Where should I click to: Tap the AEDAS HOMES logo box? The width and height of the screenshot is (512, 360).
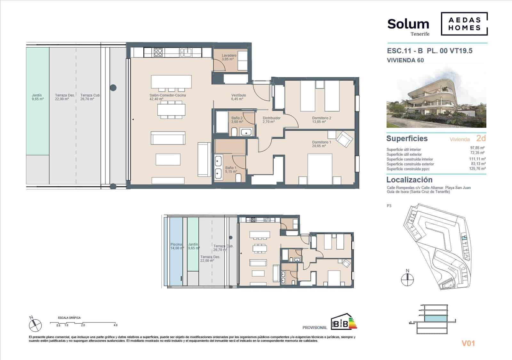coord(464,24)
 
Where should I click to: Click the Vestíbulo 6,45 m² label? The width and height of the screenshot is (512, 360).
coord(238,97)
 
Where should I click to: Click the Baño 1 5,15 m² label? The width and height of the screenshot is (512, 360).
coord(231,170)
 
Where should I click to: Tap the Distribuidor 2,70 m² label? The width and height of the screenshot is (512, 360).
coord(271,120)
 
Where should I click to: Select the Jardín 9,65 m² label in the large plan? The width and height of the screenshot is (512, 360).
coord(37,97)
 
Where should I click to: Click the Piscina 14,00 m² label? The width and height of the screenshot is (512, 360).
coord(177,246)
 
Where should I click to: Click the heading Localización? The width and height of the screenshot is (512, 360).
coord(409,180)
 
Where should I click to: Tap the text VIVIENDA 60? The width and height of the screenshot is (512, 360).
coord(405,60)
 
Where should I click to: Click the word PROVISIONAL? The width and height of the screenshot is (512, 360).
coord(315,328)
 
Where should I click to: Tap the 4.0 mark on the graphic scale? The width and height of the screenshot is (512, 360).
coord(115,325)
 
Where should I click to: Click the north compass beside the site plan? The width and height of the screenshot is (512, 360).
coord(407,279)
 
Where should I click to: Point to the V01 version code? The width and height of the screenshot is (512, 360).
coord(468,343)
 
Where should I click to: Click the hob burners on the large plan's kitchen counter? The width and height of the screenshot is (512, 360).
coord(158,52)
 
